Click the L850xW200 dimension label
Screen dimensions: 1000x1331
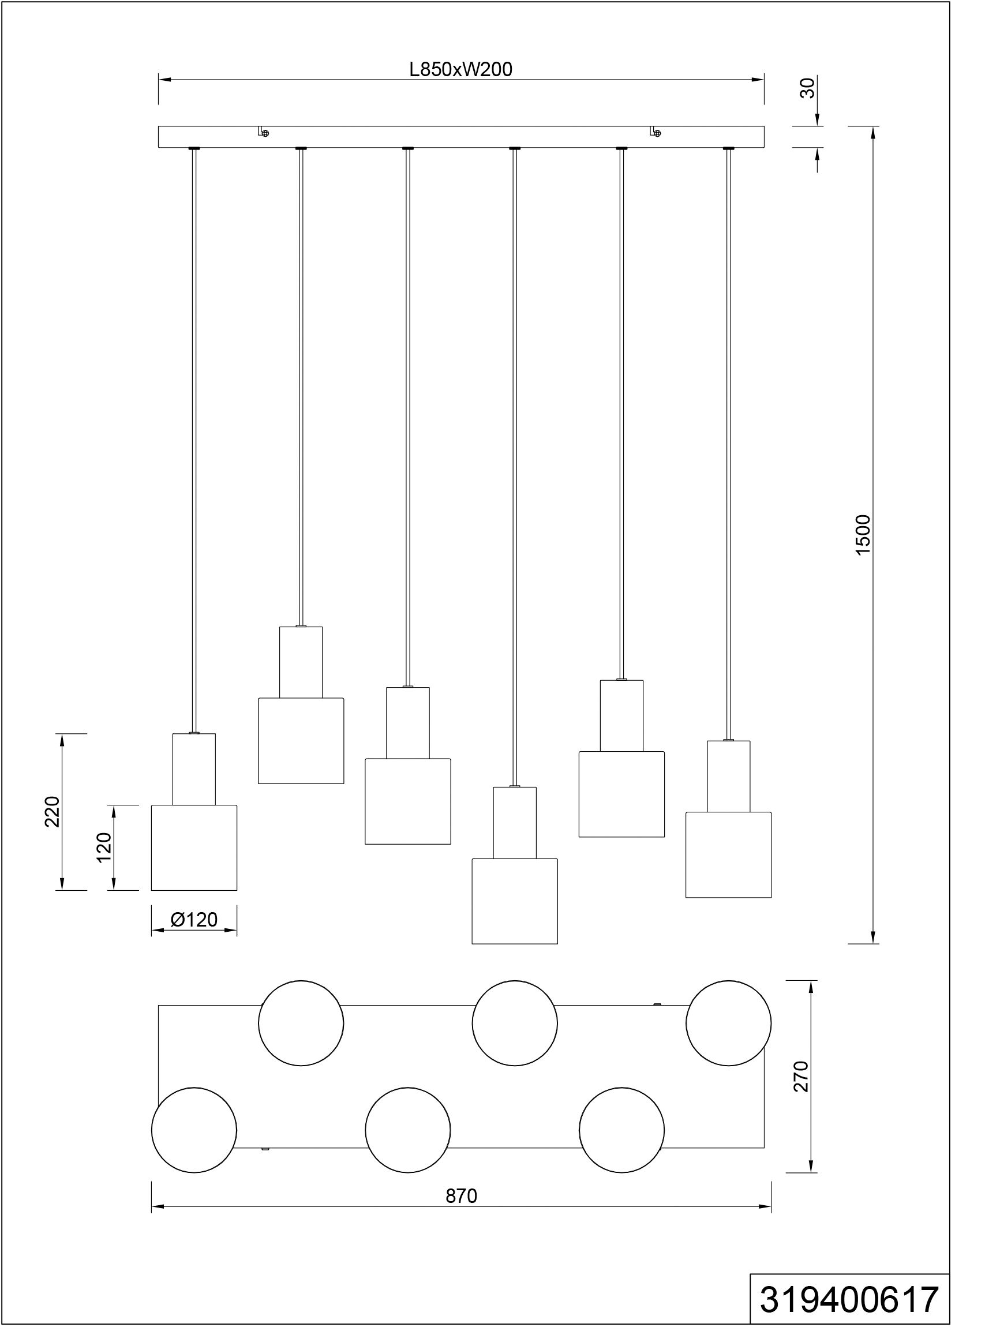(x=460, y=70)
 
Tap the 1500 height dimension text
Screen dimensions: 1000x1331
(x=863, y=535)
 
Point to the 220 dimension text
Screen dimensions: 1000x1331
(x=53, y=812)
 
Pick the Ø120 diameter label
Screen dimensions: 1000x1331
(x=194, y=920)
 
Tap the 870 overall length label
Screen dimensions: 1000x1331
(x=462, y=1196)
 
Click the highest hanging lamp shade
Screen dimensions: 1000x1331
(x=301, y=741)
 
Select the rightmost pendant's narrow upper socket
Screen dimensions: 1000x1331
(x=729, y=776)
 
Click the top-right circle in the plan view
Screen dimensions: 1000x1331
(x=729, y=1023)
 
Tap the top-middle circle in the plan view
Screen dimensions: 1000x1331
(x=515, y=1023)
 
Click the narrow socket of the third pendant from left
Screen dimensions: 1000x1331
(x=408, y=723)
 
